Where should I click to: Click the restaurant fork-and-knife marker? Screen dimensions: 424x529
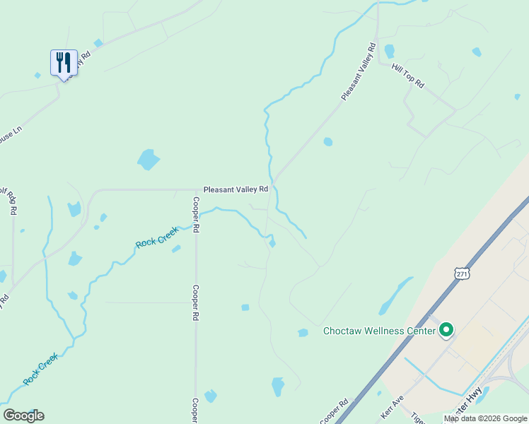pyautogui.click(x=64, y=63)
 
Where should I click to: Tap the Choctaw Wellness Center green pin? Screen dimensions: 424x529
pyautogui.click(x=446, y=330)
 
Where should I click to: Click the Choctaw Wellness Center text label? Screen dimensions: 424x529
pyautogui.click(x=378, y=331)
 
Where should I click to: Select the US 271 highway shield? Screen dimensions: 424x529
pyautogui.click(x=461, y=273)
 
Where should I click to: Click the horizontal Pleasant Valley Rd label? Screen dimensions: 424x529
pyautogui.click(x=236, y=189)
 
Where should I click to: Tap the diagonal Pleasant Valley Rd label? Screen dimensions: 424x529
pyautogui.click(x=358, y=71)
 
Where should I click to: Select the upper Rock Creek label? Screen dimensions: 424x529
pyautogui.click(x=156, y=237)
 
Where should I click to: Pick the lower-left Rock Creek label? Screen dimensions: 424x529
pyautogui.click(x=40, y=370)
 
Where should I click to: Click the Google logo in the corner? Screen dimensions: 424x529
pyautogui.click(x=23, y=416)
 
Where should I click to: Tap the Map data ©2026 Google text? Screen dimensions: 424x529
pyautogui.click(x=485, y=418)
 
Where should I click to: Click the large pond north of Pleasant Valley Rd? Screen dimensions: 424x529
pyautogui.click(x=148, y=160)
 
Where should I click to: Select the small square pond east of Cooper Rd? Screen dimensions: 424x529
pyautogui.click(x=245, y=307)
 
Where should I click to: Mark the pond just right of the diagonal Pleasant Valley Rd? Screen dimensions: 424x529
pyautogui.click(x=327, y=142)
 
